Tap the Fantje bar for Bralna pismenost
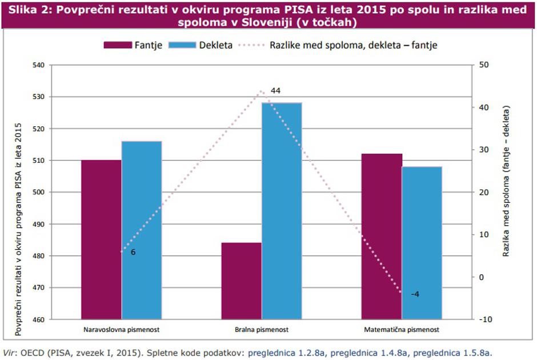coord(241,281)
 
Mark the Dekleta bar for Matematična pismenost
coord(422,242)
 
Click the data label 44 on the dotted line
coord(276,91)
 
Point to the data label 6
coord(133,251)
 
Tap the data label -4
coord(415,294)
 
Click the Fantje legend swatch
coord(118,45)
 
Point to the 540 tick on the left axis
coord(38,65)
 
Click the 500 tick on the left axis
coord(38,192)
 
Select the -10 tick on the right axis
coord(485,319)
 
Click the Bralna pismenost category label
coord(262,330)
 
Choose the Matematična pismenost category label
coord(402,330)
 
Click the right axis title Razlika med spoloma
coord(506,181)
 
